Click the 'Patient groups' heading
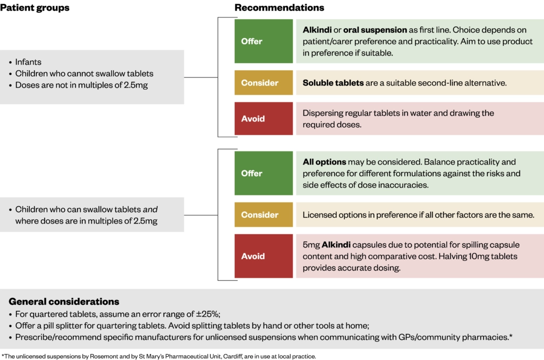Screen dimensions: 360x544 (35, 8)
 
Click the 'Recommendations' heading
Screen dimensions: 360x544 (279, 8)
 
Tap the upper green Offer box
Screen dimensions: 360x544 (263, 41)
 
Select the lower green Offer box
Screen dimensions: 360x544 (263, 173)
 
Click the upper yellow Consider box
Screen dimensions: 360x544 (263, 83)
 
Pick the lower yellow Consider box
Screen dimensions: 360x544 (263, 215)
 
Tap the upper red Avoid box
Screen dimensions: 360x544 (263, 118)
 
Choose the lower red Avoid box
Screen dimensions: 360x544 (263, 256)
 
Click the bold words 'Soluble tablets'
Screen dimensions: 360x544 (333, 83)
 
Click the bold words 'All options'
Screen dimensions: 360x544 (324, 161)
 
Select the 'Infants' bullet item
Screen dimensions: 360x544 (28, 62)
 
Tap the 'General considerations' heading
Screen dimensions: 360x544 (64, 302)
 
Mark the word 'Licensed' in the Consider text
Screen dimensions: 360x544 (320, 215)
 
